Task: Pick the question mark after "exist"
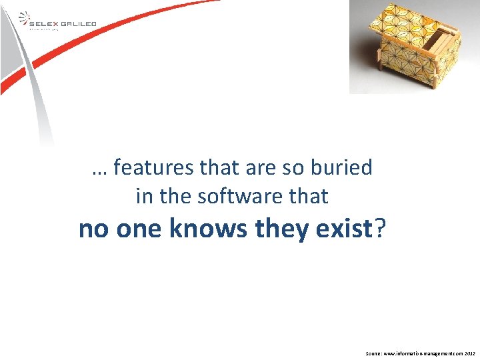click(x=379, y=229)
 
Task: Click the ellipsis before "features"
click(x=100, y=171)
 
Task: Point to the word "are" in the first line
click(x=261, y=168)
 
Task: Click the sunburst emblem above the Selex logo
click(x=23, y=16)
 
